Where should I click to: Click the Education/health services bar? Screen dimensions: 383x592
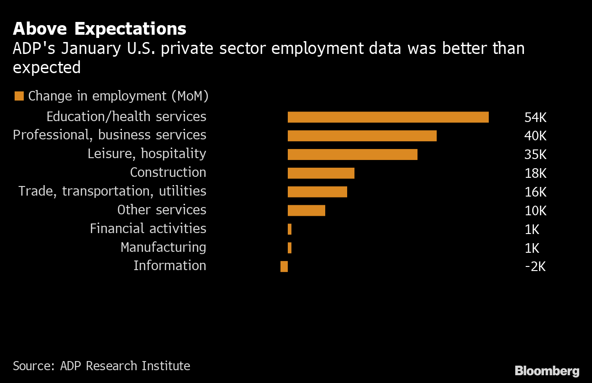[388, 117]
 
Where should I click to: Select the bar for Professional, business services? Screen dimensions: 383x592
[362, 136]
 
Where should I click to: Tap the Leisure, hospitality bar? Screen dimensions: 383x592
[352, 154]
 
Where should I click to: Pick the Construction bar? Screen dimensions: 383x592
[321, 173]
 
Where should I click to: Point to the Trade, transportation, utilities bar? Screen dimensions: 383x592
[317, 192]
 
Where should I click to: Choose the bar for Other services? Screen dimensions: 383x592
[306, 210]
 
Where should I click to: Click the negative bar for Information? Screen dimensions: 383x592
[284, 266]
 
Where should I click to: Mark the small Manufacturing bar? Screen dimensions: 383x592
[290, 248]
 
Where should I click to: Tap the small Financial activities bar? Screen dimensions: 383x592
[290, 229]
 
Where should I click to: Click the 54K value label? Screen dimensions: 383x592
[535, 117]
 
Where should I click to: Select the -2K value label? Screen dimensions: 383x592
[535, 266]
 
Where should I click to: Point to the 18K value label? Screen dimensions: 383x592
[535, 174]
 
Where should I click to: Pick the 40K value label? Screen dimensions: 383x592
[535, 136]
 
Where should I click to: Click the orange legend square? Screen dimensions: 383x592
[19, 96]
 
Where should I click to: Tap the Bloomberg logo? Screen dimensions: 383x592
[547, 371]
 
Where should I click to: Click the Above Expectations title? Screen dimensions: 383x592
[100, 29]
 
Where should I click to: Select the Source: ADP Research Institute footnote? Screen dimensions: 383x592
[101, 366]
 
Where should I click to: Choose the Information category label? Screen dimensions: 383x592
[169, 266]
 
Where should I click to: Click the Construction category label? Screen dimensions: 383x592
[168, 172]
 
